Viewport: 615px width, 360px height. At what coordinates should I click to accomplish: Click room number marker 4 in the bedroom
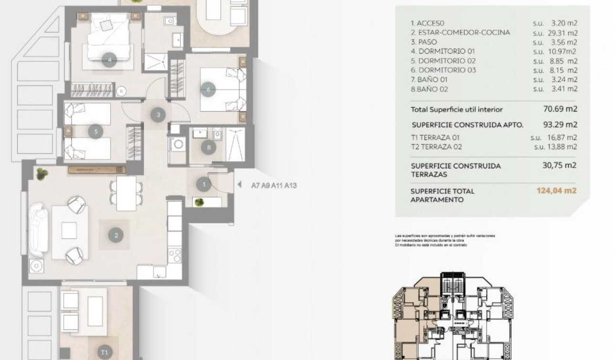[110, 60]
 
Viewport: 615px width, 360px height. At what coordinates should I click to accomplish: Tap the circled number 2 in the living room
[116, 235]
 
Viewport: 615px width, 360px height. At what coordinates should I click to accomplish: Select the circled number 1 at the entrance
[204, 184]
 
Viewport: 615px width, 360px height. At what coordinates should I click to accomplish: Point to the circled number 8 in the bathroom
[208, 148]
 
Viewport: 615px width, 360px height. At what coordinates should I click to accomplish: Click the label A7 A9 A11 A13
[274, 185]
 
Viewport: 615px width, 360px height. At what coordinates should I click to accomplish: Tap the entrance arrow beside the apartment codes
[240, 185]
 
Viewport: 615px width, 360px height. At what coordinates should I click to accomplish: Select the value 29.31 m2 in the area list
[564, 32]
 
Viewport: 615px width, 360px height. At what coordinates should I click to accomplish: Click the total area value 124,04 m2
[556, 191]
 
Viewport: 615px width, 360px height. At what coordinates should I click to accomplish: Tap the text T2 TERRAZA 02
[436, 147]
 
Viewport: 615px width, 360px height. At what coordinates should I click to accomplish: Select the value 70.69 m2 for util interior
[560, 109]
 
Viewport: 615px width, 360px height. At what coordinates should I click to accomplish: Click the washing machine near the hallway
[178, 144]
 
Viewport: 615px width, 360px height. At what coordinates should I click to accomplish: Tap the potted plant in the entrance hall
[199, 202]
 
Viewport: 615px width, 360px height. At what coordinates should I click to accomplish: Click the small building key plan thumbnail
[453, 317]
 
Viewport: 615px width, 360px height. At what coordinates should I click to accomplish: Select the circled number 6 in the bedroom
[208, 89]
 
